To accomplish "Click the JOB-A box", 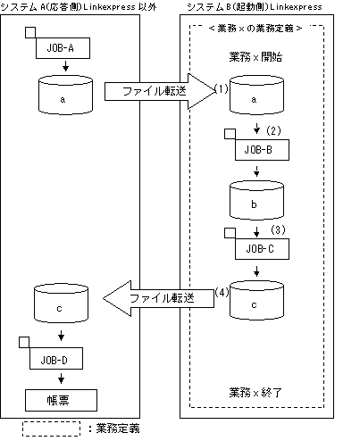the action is pos(63,48).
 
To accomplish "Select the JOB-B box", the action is pos(262,150).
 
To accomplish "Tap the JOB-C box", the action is pos(262,249).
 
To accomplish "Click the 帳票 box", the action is pos(61,400).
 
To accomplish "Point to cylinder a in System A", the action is pos(65,95).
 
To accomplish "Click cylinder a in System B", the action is pos(256,95).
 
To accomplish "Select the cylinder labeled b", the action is pos(256,200).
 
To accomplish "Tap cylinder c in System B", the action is pos(256,300).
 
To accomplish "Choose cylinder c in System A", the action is pos(61,303).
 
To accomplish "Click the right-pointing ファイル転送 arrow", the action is pos(160,91).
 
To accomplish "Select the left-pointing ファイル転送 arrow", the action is pos(158,298).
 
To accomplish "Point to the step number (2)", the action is pos(273,130).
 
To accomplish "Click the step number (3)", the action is pos(278,229).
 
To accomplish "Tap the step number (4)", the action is pos(222,292).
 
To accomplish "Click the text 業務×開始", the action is pos(255,57).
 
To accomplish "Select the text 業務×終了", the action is pos(255,393).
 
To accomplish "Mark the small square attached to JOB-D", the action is pos(24,342).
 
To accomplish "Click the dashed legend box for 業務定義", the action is pos(51,429).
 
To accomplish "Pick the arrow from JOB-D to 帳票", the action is pos(61,379).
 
